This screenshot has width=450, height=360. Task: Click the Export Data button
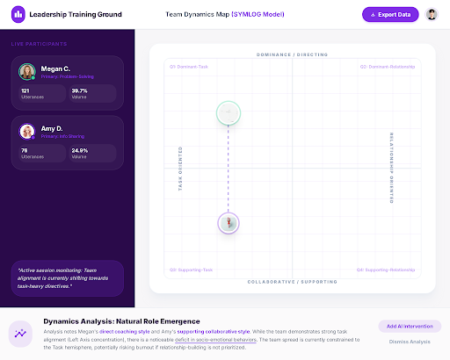click(x=390, y=15)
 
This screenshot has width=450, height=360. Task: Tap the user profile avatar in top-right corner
click(x=432, y=15)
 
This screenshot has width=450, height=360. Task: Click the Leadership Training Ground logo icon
click(x=18, y=15)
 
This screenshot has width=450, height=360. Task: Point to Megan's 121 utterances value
click(x=25, y=90)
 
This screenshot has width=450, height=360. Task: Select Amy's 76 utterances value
click(x=24, y=149)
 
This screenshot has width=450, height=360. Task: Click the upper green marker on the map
click(x=229, y=112)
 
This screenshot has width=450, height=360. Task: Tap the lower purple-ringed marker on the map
click(x=229, y=223)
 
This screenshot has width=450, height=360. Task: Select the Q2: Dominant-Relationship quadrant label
click(x=388, y=66)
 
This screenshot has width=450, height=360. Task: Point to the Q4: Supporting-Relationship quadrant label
click(x=386, y=270)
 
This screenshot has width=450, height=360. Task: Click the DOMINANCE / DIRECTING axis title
click(x=292, y=54)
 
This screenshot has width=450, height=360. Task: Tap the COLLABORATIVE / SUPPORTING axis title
click(x=292, y=282)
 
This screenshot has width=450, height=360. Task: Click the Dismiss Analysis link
click(x=410, y=341)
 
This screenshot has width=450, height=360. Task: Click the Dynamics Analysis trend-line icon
click(x=21, y=334)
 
